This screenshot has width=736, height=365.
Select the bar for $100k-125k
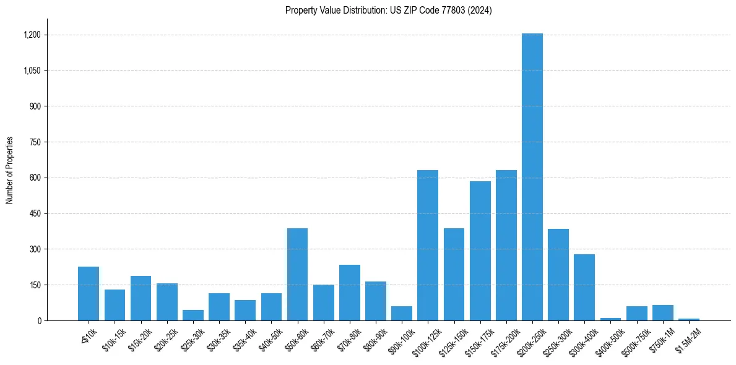(428, 245)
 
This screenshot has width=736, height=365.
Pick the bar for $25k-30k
(193, 315)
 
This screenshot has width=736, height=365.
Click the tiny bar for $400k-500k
(610, 319)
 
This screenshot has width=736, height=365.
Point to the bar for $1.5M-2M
(689, 319)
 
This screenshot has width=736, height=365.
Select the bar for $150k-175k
(480, 251)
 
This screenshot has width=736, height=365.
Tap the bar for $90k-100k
(402, 313)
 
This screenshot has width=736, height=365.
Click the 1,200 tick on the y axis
(32, 35)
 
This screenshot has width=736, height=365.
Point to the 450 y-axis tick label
(35, 213)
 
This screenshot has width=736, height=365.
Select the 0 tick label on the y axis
(39, 320)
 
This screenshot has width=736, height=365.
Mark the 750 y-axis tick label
(35, 142)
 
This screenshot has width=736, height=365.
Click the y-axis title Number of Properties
(10, 170)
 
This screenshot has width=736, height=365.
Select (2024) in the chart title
(481, 11)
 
